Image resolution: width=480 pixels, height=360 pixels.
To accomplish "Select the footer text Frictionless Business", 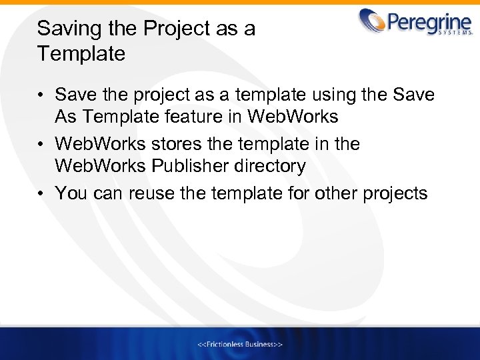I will click(x=240, y=344).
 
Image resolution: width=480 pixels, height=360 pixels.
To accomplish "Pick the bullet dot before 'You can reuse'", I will click(x=41, y=194).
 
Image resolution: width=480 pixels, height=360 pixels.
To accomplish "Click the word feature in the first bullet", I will click(x=211, y=117).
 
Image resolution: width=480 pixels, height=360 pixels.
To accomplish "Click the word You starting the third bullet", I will click(x=69, y=193).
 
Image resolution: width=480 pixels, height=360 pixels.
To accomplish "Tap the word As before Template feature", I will click(x=66, y=117).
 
